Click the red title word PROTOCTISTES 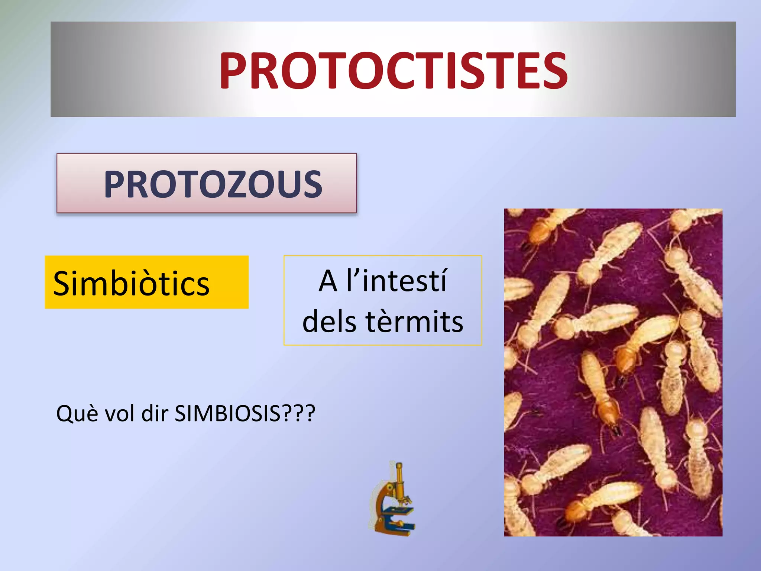tap(393, 71)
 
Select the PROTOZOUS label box tap(207, 183)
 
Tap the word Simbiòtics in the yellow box tap(131, 283)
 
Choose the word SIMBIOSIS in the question tap(227, 413)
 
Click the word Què tap(77, 413)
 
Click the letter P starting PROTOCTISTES tap(233, 71)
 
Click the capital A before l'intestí tap(328, 281)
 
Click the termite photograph tap(613, 372)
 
